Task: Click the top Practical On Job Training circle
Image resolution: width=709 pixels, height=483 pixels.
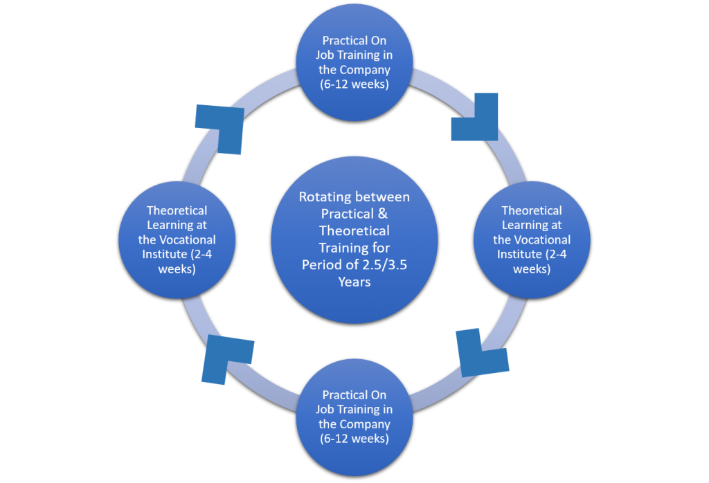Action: [x=354, y=62]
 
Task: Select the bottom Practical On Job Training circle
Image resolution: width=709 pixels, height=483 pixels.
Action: [x=354, y=417]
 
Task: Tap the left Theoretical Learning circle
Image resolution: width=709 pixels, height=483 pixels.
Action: [x=177, y=239]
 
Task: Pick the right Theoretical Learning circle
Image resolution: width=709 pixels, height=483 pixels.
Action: [x=532, y=239]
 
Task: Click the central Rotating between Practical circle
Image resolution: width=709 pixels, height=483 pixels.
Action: [x=354, y=239]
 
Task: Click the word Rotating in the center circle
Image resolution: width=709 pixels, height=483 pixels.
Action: [x=330, y=197]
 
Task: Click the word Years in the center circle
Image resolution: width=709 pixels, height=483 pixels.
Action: [x=354, y=282]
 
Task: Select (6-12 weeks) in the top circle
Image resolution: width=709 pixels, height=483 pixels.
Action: [x=354, y=84]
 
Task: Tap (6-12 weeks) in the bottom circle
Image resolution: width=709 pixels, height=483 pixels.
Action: [x=354, y=439]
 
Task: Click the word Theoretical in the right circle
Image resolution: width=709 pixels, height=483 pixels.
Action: [x=532, y=210]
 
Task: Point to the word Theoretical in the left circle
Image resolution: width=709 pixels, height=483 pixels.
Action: [x=177, y=210]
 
